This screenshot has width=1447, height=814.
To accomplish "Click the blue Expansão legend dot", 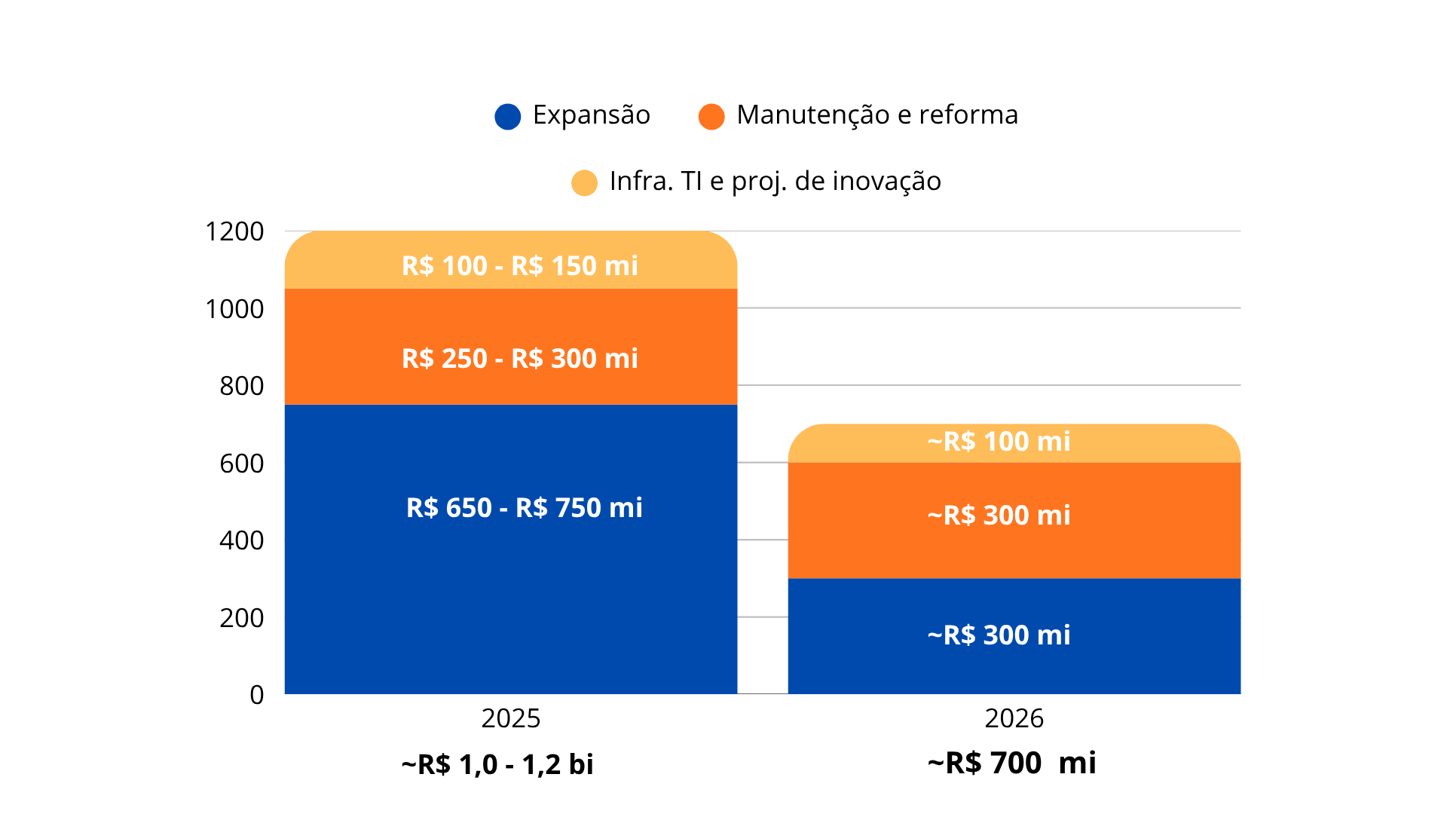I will (x=508, y=117).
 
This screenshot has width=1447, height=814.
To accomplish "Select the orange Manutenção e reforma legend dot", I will (x=711, y=117).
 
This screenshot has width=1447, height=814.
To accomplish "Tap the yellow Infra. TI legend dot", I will (x=584, y=182).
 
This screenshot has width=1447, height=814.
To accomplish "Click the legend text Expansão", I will (x=591, y=115).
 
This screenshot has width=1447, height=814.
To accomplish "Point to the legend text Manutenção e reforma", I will (x=877, y=115).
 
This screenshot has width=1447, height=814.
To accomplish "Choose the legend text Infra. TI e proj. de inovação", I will (x=775, y=182).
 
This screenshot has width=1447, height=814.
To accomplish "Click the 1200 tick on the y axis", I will (x=234, y=231).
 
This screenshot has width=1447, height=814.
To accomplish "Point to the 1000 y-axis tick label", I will (x=234, y=309).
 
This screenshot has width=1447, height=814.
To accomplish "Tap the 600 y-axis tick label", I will (x=241, y=464).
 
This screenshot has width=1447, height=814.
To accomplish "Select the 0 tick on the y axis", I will (x=257, y=695).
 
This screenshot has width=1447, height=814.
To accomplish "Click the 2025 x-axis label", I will (x=511, y=718).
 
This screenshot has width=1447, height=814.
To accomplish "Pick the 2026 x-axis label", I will (x=1014, y=718).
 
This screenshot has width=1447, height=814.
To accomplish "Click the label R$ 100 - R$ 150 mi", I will (x=520, y=266).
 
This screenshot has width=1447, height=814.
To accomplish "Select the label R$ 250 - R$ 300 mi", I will (x=520, y=359).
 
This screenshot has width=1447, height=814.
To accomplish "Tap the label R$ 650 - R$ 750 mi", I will (x=525, y=508).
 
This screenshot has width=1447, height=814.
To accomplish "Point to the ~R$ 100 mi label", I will (x=999, y=442).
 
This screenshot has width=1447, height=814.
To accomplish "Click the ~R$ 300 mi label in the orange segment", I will (x=999, y=516).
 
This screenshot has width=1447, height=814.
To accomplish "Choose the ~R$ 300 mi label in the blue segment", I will (x=999, y=635).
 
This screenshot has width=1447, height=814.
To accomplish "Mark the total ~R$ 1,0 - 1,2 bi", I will (x=497, y=765).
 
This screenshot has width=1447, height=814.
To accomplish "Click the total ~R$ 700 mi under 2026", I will (x=1011, y=764).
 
